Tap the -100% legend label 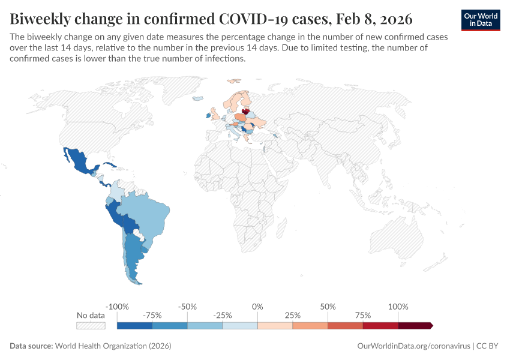click(x=117, y=307)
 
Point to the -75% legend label click(x=152, y=315)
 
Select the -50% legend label click(x=187, y=307)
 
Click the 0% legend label click(x=257, y=307)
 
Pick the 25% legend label click(x=293, y=315)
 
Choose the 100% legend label click(x=398, y=307)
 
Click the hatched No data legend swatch click(x=91, y=325)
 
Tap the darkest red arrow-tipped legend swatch click(x=415, y=325)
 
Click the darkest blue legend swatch click(x=134, y=325)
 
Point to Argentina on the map click(x=133, y=258)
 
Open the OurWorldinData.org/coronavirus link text click(x=413, y=346)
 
